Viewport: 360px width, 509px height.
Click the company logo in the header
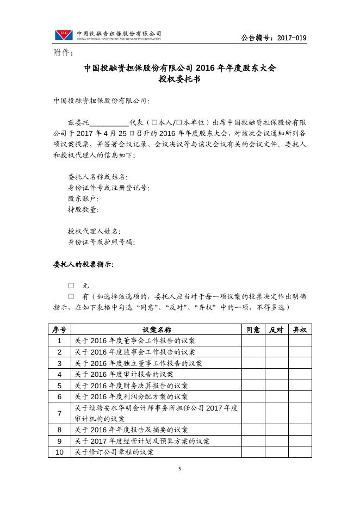pos(64,35)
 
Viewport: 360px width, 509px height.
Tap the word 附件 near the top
pos(62,53)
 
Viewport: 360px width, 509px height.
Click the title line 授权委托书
pos(180,79)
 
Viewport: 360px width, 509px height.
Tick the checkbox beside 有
pos(71,296)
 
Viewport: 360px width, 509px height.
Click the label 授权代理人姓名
pos(94,232)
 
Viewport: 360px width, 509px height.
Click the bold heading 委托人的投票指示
pos(83,264)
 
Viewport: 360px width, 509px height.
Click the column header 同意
pos(253,330)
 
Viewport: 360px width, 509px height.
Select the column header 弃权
pos(300,330)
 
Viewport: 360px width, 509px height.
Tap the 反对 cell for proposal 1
pos(276,340)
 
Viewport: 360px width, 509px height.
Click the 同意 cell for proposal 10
pos(253,452)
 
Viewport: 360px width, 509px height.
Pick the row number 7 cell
pos(59,413)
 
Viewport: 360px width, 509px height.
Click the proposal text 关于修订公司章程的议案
pos(114,452)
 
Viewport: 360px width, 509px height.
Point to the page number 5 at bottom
pos(180,469)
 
